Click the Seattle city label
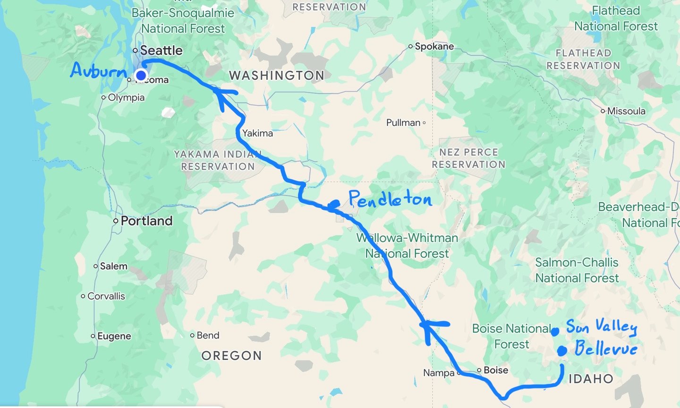pyautogui.click(x=161, y=50)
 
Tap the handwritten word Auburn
pyautogui.click(x=99, y=71)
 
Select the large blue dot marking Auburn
pyautogui.click(x=141, y=75)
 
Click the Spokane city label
pyautogui.click(x=434, y=46)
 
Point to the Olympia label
pyautogui.click(x=126, y=98)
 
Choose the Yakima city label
pyautogui.click(x=257, y=133)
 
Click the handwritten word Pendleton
pyautogui.click(x=390, y=200)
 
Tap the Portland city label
pyautogui.click(x=146, y=221)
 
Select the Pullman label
pyautogui.click(x=403, y=123)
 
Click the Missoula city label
pyautogui.click(x=626, y=111)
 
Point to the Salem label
pyautogui.click(x=113, y=266)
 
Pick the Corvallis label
pyautogui.click(x=106, y=296)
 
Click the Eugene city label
pyautogui.click(x=114, y=336)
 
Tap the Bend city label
pyautogui.click(x=208, y=335)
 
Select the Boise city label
pyautogui.click(x=495, y=370)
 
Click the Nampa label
pyautogui.click(x=439, y=373)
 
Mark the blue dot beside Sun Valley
pyautogui.click(x=555, y=332)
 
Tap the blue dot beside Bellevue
pyautogui.click(x=562, y=351)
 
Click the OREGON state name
pyautogui.click(x=231, y=356)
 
